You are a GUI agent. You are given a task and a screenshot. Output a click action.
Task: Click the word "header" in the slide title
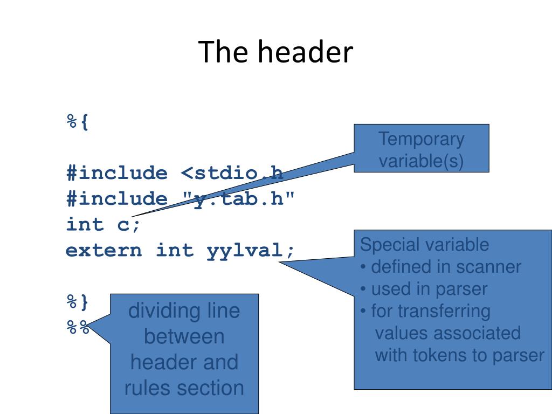(x=305, y=52)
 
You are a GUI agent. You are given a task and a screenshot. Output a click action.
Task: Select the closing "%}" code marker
(x=77, y=301)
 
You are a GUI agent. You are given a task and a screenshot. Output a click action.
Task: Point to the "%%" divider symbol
(x=77, y=327)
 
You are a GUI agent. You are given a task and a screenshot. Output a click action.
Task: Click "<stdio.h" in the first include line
(x=232, y=174)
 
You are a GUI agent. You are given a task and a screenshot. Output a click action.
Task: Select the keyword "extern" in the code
(x=104, y=250)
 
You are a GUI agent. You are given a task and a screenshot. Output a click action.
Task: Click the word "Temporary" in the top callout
(x=421, y=139)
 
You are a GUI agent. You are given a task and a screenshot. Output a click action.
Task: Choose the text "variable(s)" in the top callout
(x=421, y=161)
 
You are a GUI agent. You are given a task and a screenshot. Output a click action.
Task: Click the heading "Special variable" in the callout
(x=424, y=245)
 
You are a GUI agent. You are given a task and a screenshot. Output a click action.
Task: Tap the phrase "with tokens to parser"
(x=459, y=355)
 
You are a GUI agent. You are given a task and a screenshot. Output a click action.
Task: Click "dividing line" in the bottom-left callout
(x=184, y=312)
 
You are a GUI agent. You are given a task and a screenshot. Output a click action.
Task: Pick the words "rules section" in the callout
(x=184, y=388)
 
